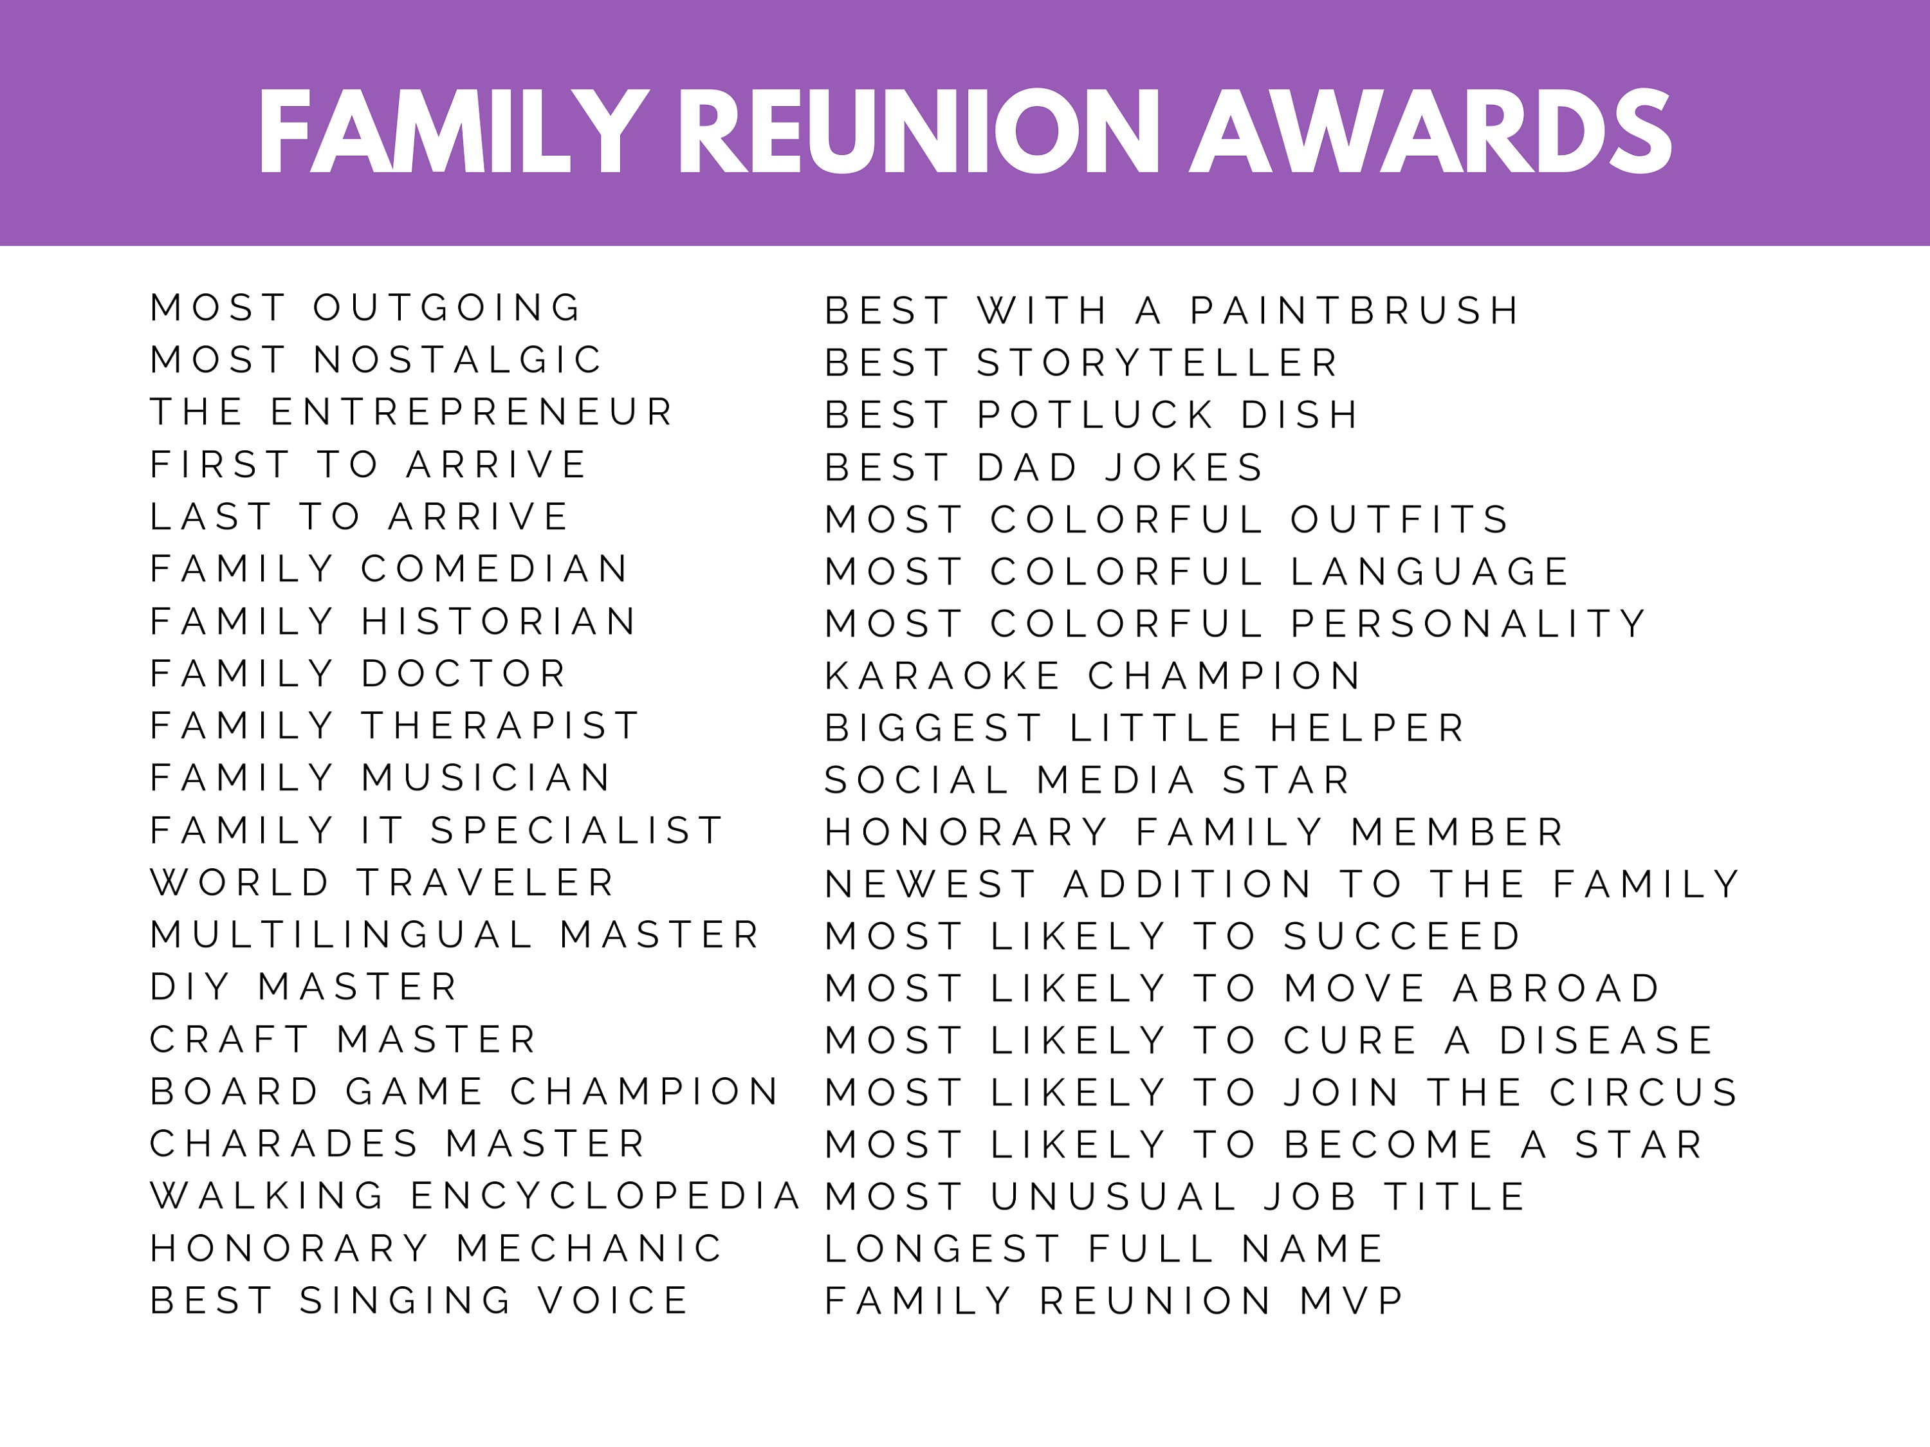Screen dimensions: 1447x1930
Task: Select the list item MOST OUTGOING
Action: pyautogui.click(x=365, y=308)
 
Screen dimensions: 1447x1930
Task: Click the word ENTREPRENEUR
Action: pyautogui.click(x=472, y=413)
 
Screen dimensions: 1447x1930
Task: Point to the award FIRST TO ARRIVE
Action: pyautogui.click(x=368, y=465)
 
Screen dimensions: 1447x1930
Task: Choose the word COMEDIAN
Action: pyautogui.click(x=494, y=570)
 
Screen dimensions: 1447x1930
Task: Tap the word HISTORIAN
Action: pyautogui.click(x=498, y=622)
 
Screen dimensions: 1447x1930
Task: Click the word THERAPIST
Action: pyautogui.click(x=501, y=725)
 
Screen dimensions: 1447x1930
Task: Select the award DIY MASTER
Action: pyautogui.click(x=304, y=987)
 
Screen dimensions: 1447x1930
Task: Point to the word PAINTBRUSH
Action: pyautogui.click(x=1355, y=311)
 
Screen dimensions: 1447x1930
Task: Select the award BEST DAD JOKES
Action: pyautogui.click(x=1044, y=468)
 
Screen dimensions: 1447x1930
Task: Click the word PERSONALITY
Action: pyautogui.click(x=1467, y=624)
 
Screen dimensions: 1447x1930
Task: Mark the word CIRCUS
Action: pyautogui.click(x=1644, y=1093)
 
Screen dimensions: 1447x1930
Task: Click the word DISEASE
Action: pyautogui.click(x=1606, y=1041)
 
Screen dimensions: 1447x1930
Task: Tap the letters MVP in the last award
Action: pyautogui.click(x=1352, y=1302)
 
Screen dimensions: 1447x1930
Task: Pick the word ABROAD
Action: pyautogui.click(x=1557, y=988)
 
